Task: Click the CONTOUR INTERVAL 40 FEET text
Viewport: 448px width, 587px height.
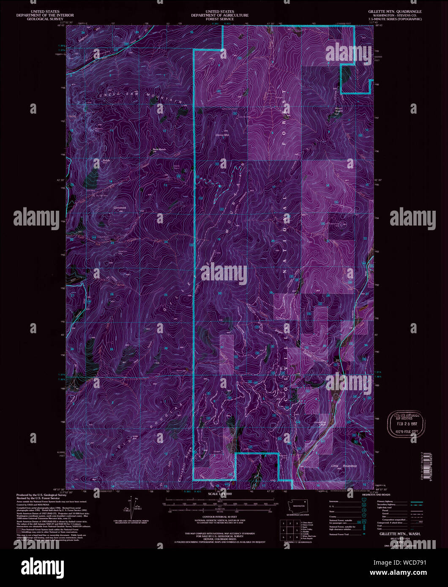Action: [x=219, y=517]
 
